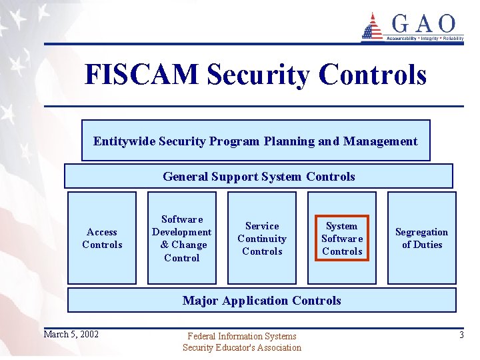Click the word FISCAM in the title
[x=141, y=75]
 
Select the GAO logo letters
[x=423, y=25]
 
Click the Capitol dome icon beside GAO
[x=372, y=27]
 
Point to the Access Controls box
[x=102, y=238]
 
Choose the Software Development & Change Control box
[x=181, y=238]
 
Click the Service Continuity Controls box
[x=262, y=238]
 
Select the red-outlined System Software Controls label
[x=342, y=238]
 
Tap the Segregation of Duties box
[x=421, y=238]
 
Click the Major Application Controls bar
[x=261, y=301]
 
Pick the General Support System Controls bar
[x=259, y=177]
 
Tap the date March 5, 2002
[x=71, y=334]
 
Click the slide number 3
[x=461, y=335]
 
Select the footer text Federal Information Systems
[x=241, y=337]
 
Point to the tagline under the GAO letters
[x=424, y=39]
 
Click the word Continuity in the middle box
[x=262, y=239]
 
